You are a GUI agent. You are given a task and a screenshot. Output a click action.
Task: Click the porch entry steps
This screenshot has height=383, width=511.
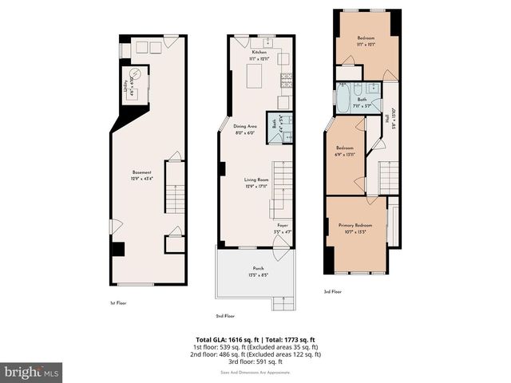pos(283,302)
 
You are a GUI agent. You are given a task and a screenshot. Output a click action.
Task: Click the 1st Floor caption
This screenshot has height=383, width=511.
pos(118,303)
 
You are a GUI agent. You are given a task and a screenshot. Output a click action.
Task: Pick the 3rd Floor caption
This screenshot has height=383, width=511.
pos(332,292)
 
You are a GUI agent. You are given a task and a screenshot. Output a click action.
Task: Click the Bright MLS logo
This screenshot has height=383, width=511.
pos(32,372)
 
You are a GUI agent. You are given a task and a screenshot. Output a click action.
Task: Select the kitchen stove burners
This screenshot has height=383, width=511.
pos(285,79)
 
